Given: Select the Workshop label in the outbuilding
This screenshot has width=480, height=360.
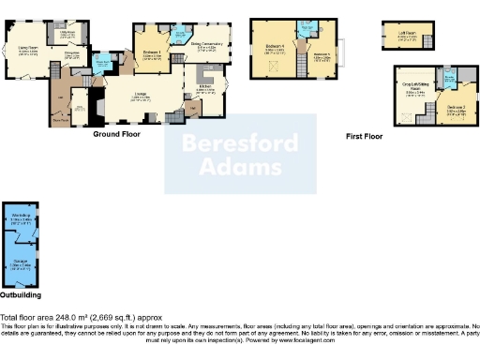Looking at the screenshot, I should point(17,217).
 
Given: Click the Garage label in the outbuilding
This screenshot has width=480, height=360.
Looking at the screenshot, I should point(20,263).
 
